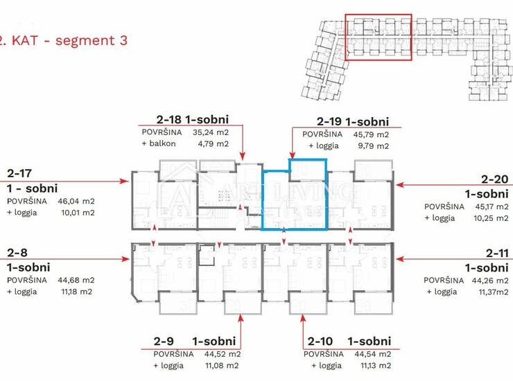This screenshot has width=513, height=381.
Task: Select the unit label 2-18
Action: (169, 119)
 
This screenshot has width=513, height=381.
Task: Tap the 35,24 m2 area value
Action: (211, 132)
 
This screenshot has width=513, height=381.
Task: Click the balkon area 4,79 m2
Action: (213, 144)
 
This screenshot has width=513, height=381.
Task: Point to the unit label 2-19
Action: (329, 122)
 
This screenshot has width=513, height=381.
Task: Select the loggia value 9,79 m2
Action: (373, 146)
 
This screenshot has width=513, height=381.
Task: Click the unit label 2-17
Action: (19, 173)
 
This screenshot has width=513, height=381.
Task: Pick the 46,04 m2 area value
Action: (76, 201)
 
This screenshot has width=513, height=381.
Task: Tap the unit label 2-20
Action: (495, 179)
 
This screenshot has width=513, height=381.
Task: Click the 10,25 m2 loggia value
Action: (491, 218)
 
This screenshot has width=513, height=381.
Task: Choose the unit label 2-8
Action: (17, 252)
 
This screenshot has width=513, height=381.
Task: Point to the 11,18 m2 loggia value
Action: (76, 292)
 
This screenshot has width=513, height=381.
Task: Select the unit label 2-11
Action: (497, 253)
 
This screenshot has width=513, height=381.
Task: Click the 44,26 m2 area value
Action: (490, 281)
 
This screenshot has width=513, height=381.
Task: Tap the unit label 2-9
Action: (164, 341)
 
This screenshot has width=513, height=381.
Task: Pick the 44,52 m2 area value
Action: (223, 354)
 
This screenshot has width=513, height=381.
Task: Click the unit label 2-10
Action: (320, 341)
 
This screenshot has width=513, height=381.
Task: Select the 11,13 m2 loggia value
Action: (376, 366)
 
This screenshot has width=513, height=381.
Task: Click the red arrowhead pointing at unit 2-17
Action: (125, 181)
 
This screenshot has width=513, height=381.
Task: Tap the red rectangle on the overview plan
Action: (379, 15)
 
